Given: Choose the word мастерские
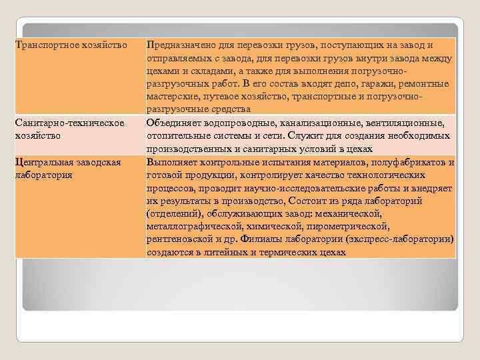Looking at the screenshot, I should point(172,96).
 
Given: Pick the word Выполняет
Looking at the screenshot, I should point(173,162).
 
